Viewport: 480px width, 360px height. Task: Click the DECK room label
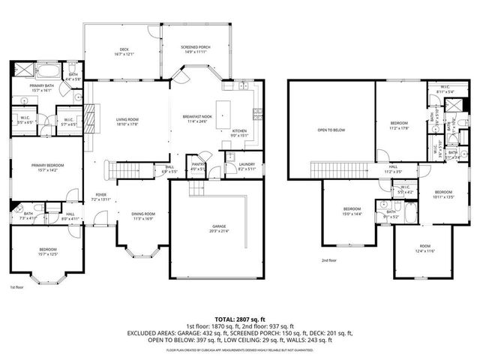[x=124, y=52]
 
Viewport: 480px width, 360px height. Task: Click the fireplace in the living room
[x=88, y=118]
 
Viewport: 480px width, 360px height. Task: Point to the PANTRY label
[x=198, y=167]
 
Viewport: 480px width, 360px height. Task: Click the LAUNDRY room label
[x=247, y=168]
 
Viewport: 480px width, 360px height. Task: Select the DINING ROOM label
[x=142, y=216]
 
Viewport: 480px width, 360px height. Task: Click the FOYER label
[x=100, y=197]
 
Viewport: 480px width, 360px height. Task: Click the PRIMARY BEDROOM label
[x=47, y=167]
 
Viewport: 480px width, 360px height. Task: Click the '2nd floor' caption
[x=328, y=261]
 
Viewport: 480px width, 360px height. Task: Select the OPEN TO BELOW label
[x=331, y=130]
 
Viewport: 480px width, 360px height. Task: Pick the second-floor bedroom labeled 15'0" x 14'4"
[x=352, y=211]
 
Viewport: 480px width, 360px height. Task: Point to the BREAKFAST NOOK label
[x=198, y=118]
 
